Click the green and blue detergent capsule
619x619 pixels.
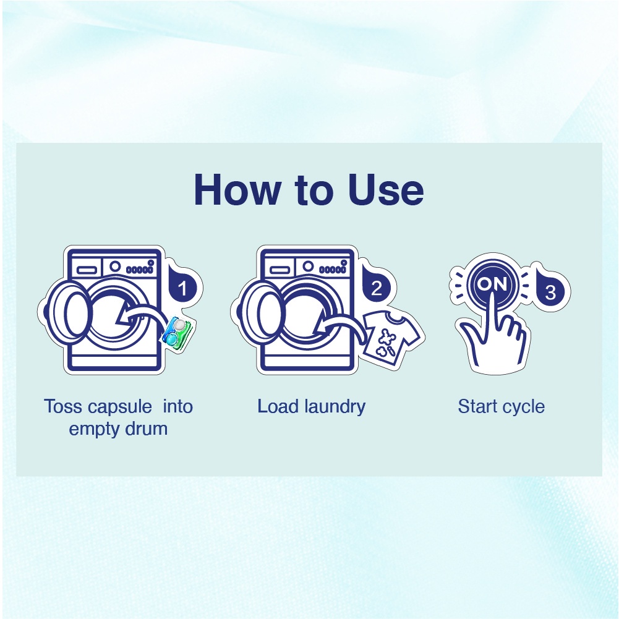(x=177, y=333)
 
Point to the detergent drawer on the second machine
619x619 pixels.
(x=280, y=270)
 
